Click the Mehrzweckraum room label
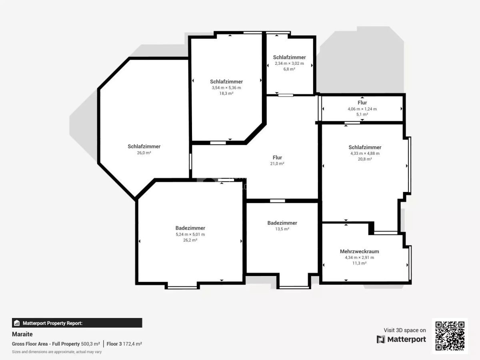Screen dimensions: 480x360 pos(359,251)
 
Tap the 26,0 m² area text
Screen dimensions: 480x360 pos(144,153)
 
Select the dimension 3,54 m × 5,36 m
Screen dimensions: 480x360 pos(226,88)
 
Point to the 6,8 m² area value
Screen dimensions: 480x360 pos(289,69)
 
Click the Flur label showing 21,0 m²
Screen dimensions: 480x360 pos(277,157)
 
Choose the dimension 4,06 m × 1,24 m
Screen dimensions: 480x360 pos(362,109)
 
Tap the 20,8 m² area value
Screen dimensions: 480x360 pos(365,159)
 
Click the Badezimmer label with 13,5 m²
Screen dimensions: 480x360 pos(282,223)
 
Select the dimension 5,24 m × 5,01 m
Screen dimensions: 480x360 pos(190,234)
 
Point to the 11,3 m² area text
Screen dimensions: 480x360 pos(359,263)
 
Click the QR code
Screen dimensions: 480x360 pos(450,336)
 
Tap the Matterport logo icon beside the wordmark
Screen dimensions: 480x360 pos(381,339)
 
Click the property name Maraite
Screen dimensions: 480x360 pos(22,334)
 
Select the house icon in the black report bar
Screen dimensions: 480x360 pos(17,323)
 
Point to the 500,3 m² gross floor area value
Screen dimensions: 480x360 pos(90,344)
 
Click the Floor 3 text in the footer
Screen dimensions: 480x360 pos(114,344)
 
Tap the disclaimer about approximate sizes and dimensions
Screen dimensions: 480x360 pos(57,352)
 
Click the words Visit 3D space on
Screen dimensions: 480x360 pos(405,330)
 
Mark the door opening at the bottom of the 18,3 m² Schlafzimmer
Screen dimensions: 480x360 pos(218,143)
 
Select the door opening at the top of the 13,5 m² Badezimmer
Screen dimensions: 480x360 pos(278,201)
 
